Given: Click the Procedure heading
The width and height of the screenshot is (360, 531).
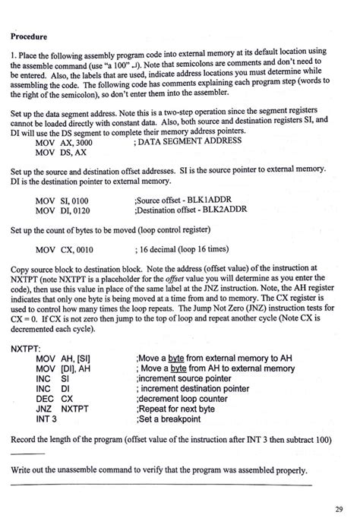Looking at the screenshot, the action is point(30,36).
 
